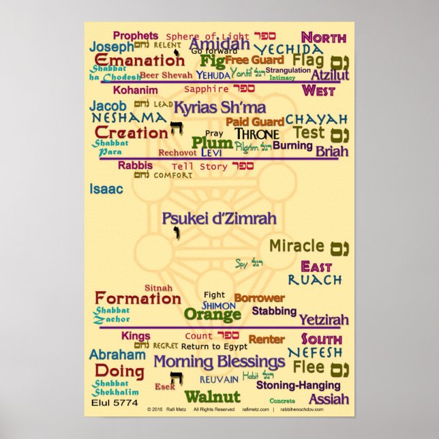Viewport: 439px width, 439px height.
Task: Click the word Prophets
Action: (135, 35)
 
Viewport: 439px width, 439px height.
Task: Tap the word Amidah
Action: (219, 44)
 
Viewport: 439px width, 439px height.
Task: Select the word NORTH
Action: (323, 37)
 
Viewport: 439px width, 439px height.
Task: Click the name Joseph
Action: (111, 47)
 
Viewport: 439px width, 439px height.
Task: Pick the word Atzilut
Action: (330, 75)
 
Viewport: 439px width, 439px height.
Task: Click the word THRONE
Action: (257, 134)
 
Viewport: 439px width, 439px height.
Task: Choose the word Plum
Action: (212, 142)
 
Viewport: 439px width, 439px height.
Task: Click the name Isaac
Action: (106, 189)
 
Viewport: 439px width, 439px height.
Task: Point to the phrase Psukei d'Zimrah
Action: (219, 219)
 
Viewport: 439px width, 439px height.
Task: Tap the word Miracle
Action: (297, 245)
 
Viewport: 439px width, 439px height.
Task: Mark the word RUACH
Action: (315, 279)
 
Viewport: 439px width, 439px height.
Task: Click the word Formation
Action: (138, 298)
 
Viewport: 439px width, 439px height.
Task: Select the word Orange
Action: (212, 315)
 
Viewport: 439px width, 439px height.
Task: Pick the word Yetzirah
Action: (324, 319)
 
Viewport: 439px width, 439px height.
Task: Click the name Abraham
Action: (117, 354)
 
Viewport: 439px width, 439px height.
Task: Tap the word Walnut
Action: (212, 397)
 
